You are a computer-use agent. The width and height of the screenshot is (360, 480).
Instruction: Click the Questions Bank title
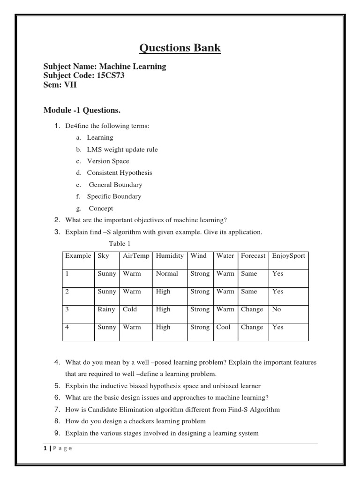pos(180,48)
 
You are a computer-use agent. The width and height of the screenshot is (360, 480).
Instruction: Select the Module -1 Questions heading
pos(82,110)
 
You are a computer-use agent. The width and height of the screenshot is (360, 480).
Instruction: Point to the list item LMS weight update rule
pos(122,150)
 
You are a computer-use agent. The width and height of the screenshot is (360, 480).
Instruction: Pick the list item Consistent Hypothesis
pos(119,173)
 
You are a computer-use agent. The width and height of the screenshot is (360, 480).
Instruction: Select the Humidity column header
pos(170,256)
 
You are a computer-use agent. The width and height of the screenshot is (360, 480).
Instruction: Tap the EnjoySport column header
pos(288,256)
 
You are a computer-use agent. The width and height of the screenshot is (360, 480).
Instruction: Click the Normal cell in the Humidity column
pos(167,274)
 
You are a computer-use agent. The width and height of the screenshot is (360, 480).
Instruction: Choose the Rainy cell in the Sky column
pos(106,309)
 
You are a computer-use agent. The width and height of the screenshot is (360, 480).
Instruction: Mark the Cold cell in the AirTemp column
pos(130,309)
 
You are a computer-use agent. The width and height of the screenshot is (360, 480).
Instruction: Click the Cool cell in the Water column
pos(224,327)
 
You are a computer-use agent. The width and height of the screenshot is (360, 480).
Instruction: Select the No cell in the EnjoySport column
pos(277,309)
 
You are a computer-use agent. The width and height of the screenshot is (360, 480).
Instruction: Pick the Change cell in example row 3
pos(252,309)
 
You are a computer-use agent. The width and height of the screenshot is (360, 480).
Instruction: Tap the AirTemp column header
pos(136,256)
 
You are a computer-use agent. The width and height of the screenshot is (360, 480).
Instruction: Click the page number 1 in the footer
pos(45,448)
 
